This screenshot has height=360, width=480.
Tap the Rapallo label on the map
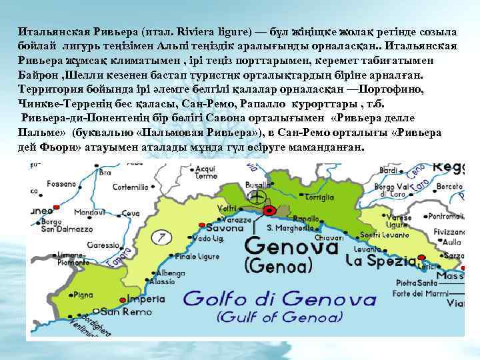307,218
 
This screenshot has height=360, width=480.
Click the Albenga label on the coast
171,273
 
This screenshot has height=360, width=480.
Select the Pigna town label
83,294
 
